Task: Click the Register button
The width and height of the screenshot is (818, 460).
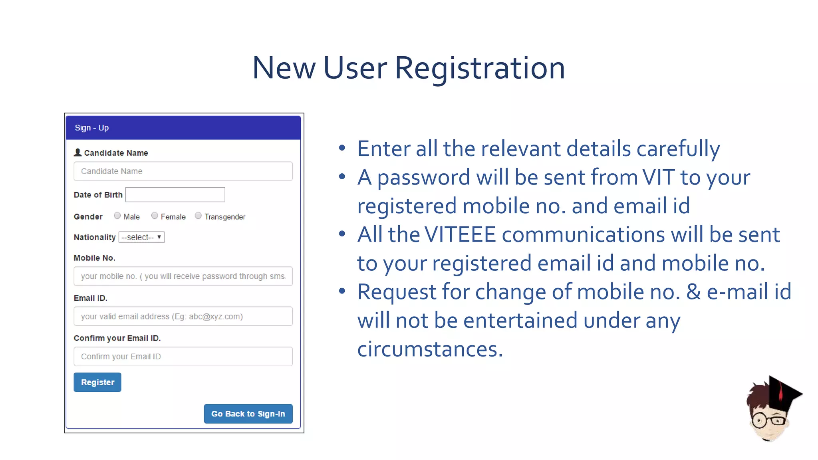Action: tap(97, 382)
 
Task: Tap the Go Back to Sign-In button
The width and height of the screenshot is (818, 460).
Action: tap(248, 414)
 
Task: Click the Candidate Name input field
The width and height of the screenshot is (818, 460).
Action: tap(183, 171)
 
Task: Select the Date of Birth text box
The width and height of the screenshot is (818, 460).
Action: tap(175, 195)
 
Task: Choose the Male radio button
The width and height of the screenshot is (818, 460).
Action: tap(117, 216)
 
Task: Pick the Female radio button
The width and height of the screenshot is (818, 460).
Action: tap(155, 216)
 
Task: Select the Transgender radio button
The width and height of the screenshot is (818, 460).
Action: tap(198, 216)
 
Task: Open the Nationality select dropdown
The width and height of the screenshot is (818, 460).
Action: tap(142, 237)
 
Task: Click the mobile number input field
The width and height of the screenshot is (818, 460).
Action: tap(183, 276)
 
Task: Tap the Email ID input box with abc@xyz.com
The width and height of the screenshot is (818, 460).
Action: tap(183, 316)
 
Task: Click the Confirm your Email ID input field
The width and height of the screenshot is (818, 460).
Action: tap(183, 357)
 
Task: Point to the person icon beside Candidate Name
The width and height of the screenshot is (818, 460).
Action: tap(78, 153)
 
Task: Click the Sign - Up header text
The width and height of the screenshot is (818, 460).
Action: tap(92, 128)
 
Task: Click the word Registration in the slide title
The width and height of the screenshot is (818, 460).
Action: tap(480, 68)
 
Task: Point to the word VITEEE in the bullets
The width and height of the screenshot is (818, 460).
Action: tap(460, 234)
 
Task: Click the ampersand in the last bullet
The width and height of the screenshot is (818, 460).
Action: tap(693, 292)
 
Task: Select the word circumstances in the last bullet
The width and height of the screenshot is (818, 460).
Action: tap(430, 349)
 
